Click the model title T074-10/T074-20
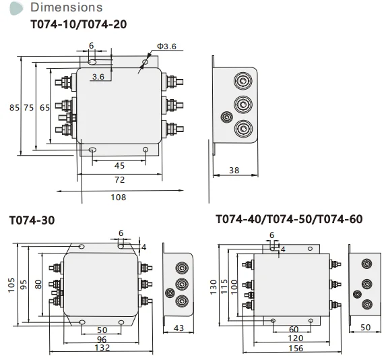click(79, 24)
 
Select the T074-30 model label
click(32, 220)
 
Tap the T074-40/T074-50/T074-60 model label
click(289, 220)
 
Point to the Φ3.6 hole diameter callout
click(166, 47)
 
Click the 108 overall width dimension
click(119, 197)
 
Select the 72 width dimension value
click(119, 180)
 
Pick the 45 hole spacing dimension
click(119, 165)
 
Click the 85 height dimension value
click(13, 108)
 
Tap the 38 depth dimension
click(234, 171)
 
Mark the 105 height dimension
click(11, 286)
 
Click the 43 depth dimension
click(178, 328)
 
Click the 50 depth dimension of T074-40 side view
click(366, 328)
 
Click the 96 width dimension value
click(102, 338)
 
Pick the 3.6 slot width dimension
click(98, 77)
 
